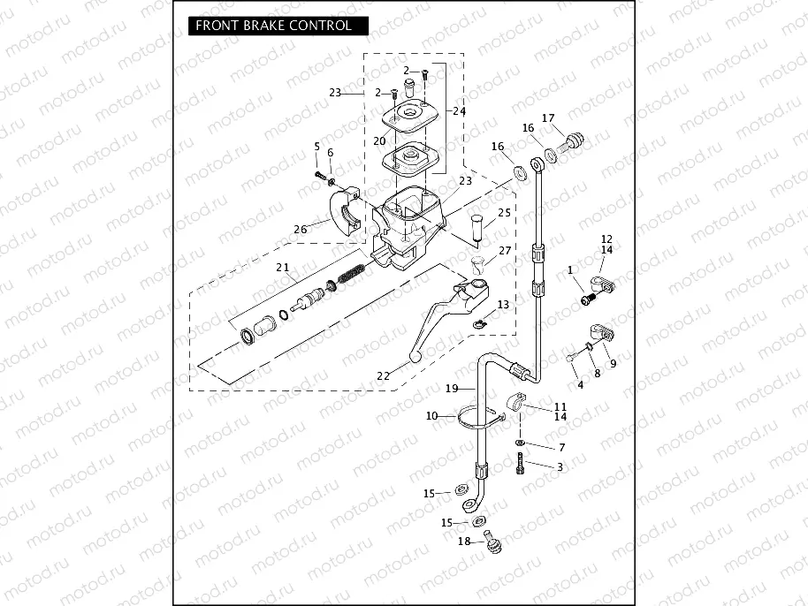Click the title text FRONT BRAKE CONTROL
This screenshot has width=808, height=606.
pyautogui.click(x=273, y=26)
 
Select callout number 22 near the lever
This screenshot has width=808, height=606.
pyautogui.click(x=383, y=375)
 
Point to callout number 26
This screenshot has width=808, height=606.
pyautogui.click(x=301, y=230)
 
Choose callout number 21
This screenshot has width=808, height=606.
pyautogui.click(x=282, y=268)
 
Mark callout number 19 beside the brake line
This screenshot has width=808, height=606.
pyautogui.click(x=451, y=388)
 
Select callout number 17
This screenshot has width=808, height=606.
pyautogui.click(x=548, y=118)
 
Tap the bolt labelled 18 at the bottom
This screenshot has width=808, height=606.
pyautogui.click(x=490, y=542)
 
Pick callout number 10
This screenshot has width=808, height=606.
pyautogui.click(x=431, y=415)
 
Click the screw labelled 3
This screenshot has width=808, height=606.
pyautogui.click(x=522, y=462)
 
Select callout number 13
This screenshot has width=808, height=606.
pyautogui.click(x=503, y=304)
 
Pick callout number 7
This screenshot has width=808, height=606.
pyautogui.click(x=561, y=448)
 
